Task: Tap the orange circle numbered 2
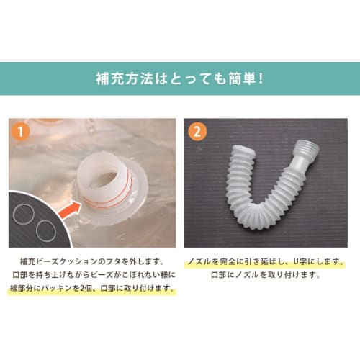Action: click(x=197, y=132)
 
